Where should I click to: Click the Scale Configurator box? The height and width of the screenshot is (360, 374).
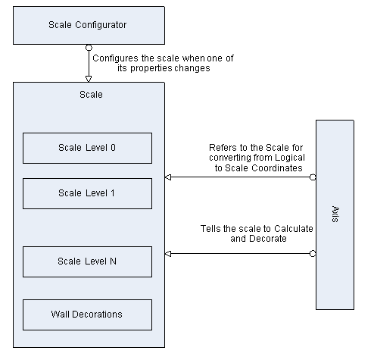[x=89, y=26]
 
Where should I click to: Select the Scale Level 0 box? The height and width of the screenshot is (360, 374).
[x=87, y=148]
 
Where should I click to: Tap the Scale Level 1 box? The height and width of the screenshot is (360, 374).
[x=87, y=193]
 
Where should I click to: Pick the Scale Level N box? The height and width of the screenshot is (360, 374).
[x=87, y=261]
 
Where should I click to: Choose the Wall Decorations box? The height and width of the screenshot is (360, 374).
[x=87, y=315]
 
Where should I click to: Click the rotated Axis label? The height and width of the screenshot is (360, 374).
[x=335, y=214]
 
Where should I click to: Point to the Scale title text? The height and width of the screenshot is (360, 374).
[x=91, y=95]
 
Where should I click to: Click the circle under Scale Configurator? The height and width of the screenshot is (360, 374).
[x=89, y=48]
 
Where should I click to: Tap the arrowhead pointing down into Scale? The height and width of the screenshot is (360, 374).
[x=89, y=79]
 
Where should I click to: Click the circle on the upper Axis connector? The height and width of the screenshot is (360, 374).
[x=313, y=177]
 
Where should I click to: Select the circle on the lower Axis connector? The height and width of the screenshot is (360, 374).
[x=313, y=253]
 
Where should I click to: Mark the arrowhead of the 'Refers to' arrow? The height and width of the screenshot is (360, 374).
[x=168, y=177]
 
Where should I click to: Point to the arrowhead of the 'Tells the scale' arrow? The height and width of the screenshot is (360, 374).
[x=168, y=253]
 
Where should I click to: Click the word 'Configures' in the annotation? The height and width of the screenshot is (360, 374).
[x=116, y=58]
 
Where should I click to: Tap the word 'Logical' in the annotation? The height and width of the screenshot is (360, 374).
[x=290, y=158]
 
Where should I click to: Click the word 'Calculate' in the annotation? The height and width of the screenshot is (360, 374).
[x=294, y=229]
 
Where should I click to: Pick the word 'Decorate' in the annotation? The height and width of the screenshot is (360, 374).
[x=267, y=239]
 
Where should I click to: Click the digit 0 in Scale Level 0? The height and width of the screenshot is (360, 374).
[x=113, y=148]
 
